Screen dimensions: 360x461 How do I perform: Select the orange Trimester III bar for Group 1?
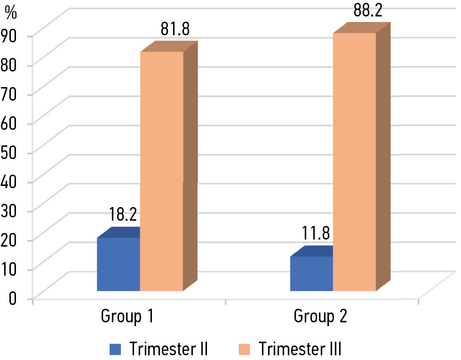(161, 171)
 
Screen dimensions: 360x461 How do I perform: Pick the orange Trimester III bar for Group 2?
(354, 162)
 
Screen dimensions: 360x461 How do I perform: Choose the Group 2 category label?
(320, 317)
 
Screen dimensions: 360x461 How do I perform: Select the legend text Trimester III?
(300, 349)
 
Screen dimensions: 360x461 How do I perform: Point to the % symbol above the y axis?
(11, 12)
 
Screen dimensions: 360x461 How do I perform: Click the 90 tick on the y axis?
(11, 36)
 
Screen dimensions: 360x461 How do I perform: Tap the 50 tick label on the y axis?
(11, 152)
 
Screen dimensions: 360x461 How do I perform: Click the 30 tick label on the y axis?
(11, 210)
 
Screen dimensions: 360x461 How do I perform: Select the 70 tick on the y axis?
(11, 94)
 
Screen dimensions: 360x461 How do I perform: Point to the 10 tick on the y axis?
(11, 269)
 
